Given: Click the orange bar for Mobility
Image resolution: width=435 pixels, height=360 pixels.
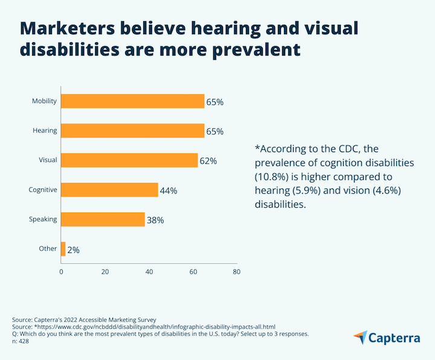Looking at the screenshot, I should (132, 101).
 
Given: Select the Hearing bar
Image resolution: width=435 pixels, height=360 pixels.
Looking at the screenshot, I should (132, 130).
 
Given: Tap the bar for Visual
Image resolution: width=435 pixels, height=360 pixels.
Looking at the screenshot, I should (129, 160).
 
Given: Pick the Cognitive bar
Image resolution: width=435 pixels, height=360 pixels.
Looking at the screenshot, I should (109, 190).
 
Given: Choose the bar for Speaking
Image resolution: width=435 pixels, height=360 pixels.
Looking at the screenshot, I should (103, 219).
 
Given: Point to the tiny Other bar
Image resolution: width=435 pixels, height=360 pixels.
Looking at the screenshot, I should (63, 248).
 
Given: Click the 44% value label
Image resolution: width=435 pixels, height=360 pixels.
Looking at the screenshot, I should (169, 191).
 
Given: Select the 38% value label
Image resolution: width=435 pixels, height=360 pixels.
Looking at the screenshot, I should (155, 220).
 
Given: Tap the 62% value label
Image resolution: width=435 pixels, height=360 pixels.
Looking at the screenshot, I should (208, 161).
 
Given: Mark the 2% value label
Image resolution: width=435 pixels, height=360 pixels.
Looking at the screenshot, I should (74, 249).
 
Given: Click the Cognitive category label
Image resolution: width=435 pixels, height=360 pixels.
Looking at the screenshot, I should (43, 190).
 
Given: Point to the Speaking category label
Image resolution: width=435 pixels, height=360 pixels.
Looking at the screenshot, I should (43, 219).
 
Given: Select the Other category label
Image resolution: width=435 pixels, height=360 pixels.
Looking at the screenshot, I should (48, 248).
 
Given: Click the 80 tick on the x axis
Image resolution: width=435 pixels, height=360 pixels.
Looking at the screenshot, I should (236, 272).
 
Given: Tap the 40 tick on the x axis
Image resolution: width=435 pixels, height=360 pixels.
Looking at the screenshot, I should (149, 272).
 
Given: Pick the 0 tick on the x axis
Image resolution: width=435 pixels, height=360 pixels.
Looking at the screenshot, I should (61, 272).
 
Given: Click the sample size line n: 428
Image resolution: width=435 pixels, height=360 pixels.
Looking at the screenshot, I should (21, 341).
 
